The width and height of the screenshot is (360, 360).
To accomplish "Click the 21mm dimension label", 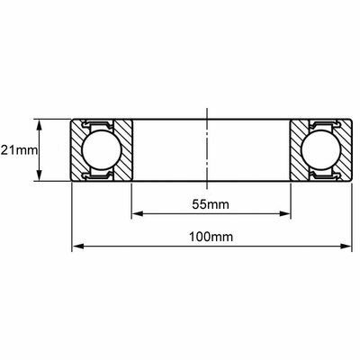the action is (x=19, y=150).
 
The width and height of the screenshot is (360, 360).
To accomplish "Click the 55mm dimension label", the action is (x=211, y=204).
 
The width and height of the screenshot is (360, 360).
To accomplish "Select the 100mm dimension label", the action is (x=211, y=237).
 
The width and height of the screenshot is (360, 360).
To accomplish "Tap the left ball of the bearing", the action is (x=102, y=150).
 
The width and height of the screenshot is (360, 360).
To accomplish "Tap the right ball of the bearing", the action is (x=321, y=150).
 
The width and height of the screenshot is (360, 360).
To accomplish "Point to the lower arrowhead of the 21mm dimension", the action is (x=40, y=175).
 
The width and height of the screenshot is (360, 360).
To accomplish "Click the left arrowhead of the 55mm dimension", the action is (x=138, y=214).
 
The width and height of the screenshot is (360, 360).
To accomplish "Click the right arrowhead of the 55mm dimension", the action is (x=284, y=214).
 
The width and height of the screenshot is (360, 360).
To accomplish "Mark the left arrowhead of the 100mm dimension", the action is (x=78, y=247).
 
